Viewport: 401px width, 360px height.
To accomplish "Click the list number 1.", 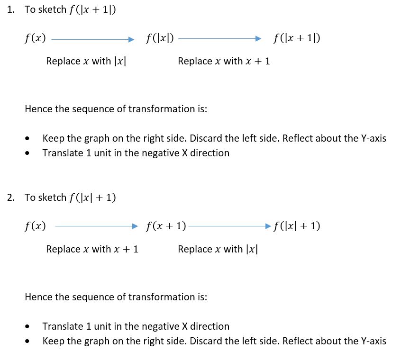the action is point(11,9).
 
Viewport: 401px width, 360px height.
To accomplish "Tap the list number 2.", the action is point(11,198).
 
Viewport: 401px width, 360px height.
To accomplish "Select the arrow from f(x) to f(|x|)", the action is point(93,39).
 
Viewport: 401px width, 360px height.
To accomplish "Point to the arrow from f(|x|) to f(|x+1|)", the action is point(219,39).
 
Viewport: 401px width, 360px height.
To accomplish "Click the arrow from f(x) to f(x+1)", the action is point(96,226).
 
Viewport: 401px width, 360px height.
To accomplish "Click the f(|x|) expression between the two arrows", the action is point(160,38).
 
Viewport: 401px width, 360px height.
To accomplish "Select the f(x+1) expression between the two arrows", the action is point(166,226).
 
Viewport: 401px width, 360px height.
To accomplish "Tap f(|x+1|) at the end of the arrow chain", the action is point(297,38).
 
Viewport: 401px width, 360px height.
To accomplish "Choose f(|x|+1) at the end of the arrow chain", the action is point(297,226).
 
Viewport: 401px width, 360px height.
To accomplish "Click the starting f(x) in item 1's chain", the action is point(35,38).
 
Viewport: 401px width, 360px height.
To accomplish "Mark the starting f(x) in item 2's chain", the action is point(35,226).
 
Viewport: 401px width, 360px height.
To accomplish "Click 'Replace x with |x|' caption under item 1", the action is point(86,61).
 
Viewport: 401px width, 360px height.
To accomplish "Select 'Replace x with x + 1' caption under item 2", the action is point(92,249).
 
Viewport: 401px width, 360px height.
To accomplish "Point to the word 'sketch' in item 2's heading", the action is point(52,198).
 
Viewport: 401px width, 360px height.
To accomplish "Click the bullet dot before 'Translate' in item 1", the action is point(27,153).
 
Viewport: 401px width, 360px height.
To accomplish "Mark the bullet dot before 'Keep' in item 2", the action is point(27,341).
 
